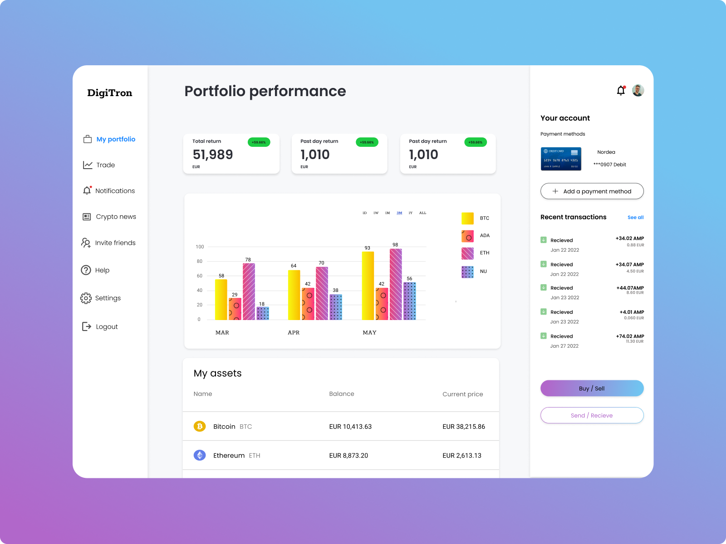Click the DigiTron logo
110,93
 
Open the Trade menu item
105,165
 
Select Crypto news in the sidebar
116,217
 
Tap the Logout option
107,326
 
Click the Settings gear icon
86,298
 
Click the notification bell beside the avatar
621,91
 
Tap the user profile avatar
638,90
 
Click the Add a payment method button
592,191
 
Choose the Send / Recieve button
592,415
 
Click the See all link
635,218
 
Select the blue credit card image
561,159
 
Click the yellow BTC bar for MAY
368,286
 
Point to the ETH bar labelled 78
249,291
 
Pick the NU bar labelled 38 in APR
336,307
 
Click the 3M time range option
399,213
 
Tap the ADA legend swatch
467,236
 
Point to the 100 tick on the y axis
200,247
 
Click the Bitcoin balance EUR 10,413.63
350,427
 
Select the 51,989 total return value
213,155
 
